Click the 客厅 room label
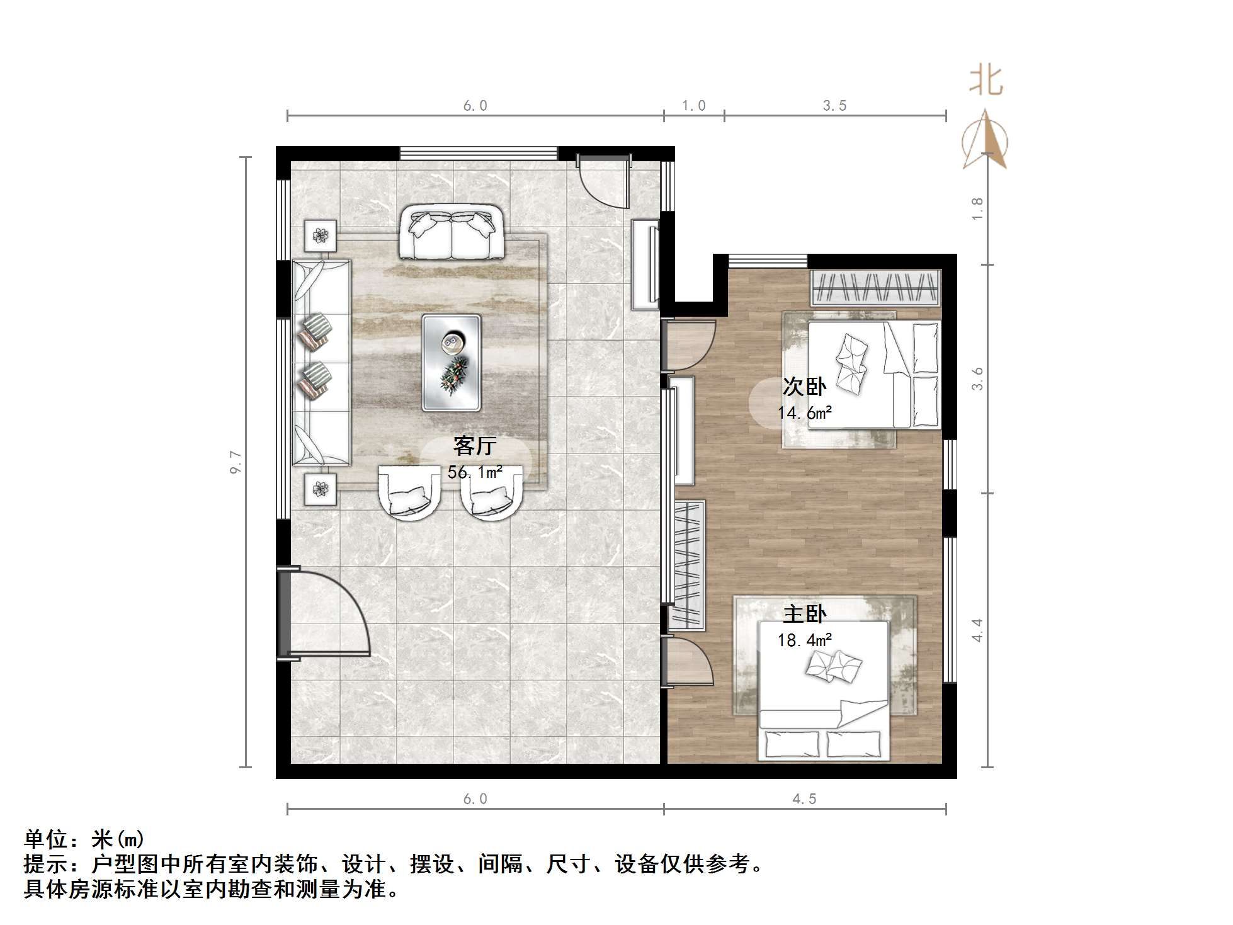pyautogui.click(x=475, y=446)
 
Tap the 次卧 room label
pyautogui.click(x=804, y=387)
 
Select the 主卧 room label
pyautogui.click(x=804, y=614)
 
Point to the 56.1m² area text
pyautogui.click(x=475, y=472)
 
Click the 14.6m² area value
pyautogui.click(x=804, y=413)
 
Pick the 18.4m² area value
pyautogui.click(x=804, y=640)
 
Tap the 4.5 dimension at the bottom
pyautogui.click(x=804, y=799)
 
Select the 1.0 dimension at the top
pyautogui.click(x=693, y=106)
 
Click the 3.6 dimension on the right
pyautogui.click(x=977, y=379)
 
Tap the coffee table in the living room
pyautogui.click(x=452, y=363)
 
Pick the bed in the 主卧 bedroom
pyautogui.click(x=824, y=690)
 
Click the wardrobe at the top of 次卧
pyautogui.click(x=875, y=287)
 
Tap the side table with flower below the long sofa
pyautogui.click(x=321, y=489)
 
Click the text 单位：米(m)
pyautogui.click(x=84, y=839)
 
